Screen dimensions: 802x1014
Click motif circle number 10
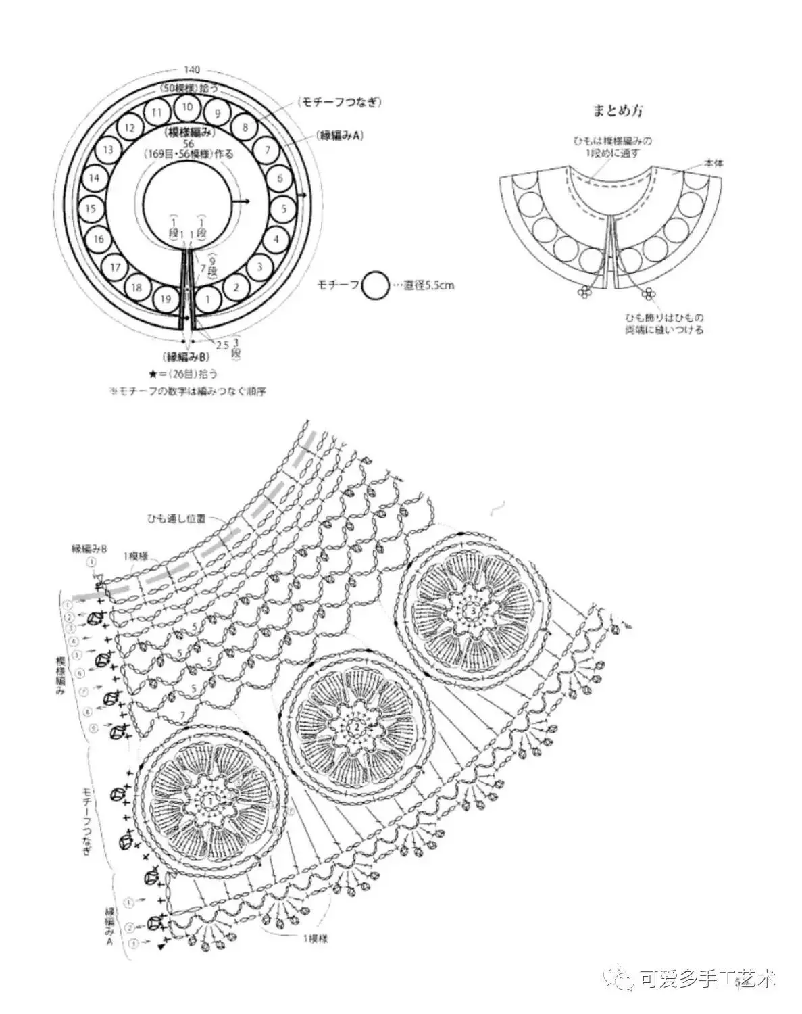pyautogui.click(x=188, y=106)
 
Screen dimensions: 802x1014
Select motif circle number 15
pyautogui.click(x=91, y=209)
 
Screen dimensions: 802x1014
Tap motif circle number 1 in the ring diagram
pyautogui.click(x=208, y=298)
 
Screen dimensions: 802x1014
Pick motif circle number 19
pyautogui.click(x=165, y=298)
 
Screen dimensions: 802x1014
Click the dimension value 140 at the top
pyautogui.click(x=192, y=70)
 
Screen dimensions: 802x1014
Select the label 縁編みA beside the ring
pyautogui.click(x=340, y=135)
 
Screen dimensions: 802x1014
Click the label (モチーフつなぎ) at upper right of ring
pyautogui.click(x=340, y=102)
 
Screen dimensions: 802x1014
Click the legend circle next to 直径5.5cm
pyautogui.click(x=376, y=286)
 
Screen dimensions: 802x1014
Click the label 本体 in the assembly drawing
pyautogui.click(x=713, y=163)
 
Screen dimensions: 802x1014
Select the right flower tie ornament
pyautogui.click(x=649, y=293)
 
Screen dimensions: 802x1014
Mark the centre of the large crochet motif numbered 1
pyautogui.click(x=211, y=800)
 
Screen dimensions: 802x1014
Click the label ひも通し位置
pyautogui.click(x=173, y=518)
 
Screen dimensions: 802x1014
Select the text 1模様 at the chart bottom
pyautogui.click(x=314, y=938)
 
